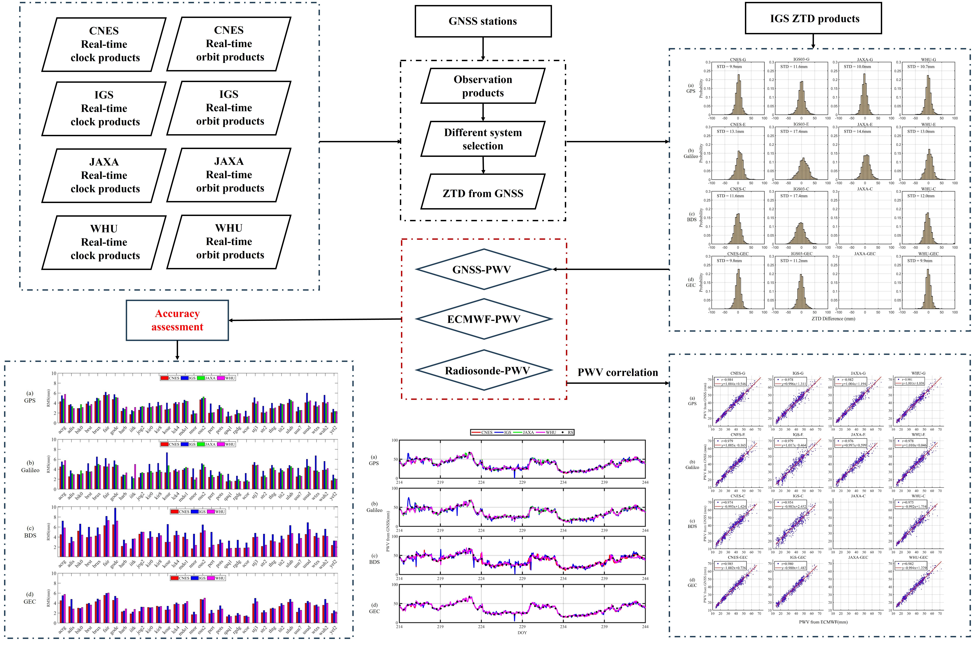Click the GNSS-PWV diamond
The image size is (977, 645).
(484, 269)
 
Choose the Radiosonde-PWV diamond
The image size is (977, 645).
(484, 370)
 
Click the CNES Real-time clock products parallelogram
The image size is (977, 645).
(104, 44)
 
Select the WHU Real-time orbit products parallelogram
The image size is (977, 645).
(229, 242)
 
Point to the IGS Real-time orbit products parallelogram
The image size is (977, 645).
(229, 108)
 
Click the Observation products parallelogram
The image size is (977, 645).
(483, 86)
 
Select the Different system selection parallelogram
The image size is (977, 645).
(483, 139)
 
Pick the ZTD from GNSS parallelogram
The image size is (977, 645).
(483, 193)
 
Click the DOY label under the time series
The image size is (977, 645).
(522, 633)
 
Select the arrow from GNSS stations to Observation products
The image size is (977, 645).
(483, 49)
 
